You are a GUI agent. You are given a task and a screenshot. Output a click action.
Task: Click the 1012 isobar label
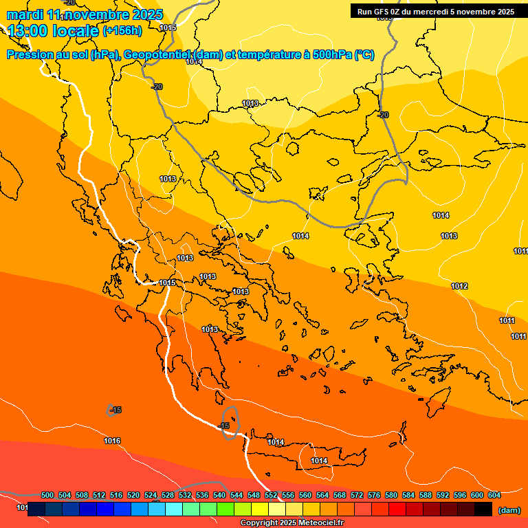click(459, 286)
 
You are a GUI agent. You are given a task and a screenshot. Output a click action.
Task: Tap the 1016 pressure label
click(112, 441)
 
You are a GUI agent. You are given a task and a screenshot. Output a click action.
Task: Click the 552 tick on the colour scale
click(271, 495)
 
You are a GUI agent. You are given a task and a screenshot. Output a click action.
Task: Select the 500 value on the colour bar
click(47, 495)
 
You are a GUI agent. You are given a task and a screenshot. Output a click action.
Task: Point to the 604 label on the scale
click(494, 495)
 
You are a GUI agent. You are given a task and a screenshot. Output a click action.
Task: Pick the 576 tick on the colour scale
click(374, 495)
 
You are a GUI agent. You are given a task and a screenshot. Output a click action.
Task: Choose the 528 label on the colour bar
click(168, 495)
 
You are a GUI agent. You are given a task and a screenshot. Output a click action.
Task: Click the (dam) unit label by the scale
click(509, 510)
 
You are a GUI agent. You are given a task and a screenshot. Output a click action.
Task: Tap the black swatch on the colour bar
click(483, 509)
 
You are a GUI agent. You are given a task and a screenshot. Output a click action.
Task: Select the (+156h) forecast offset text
click(122, 30)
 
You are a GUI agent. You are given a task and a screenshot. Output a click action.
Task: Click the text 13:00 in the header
click(27, 30)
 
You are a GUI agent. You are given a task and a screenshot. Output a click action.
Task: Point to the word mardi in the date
click(25, 14)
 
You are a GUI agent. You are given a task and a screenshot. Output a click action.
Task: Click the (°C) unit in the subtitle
click(364, 55)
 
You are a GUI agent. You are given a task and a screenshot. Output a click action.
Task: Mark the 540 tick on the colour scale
click(219, 495)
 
